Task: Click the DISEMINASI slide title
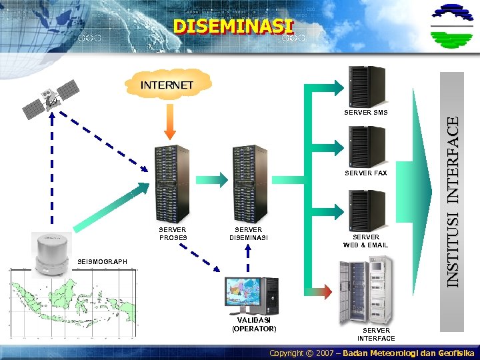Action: [233, 27]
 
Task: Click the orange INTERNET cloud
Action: [167, 85]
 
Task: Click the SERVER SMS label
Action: [365, 113]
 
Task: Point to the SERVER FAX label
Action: [365, 173]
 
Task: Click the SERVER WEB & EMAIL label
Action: [365, 241]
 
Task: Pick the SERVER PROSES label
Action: [173, 233]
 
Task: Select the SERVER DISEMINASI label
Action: [248, 233]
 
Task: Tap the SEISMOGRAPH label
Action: [102, 262]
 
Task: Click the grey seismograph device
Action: [50, 253]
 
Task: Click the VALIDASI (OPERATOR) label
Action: [253, 324]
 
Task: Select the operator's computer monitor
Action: [244, 294]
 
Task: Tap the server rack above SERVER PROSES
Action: [172, 183]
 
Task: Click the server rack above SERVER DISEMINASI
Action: [249, 183]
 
